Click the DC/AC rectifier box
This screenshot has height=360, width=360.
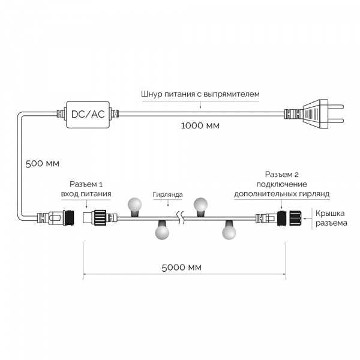coord(88,115)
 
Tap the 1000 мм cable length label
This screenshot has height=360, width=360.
coord(200,125)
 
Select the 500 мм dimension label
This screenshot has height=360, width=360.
coord(42,164)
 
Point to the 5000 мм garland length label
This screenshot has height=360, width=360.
coord(181,268)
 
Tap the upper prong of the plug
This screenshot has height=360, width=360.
coord(335,107)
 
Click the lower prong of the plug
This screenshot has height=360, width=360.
coord(335,121)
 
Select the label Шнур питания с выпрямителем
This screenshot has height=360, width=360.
coord(200,94)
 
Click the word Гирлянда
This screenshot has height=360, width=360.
coord(167,194)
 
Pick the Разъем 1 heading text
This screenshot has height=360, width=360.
coord(86,184)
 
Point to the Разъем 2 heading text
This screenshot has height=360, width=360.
coord(282,175)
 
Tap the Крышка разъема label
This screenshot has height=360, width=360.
coord(331,218)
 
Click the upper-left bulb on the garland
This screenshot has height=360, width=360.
coord(135,205)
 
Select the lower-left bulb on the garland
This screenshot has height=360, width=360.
coord(162,233)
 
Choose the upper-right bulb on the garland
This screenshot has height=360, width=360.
coord(200,205)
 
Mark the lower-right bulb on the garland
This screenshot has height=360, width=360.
coord(229,233)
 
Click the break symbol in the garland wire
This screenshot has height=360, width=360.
coord(180,218)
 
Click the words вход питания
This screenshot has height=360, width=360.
coord(86,194)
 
